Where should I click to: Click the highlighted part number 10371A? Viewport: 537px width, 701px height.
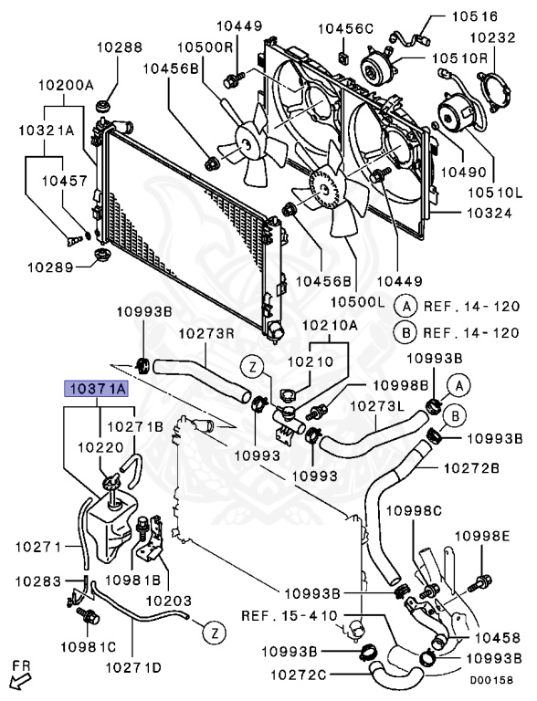97,389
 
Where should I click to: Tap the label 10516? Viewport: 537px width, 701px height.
474,16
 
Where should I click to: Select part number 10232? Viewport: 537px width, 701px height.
493,37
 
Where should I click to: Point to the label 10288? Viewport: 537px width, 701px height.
120,47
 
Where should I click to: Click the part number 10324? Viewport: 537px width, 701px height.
490,213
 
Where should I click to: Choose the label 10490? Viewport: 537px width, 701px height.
464,173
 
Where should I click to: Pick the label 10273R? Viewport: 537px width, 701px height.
207,333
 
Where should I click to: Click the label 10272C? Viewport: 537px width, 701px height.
299,675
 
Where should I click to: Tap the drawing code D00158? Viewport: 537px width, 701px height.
491,680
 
